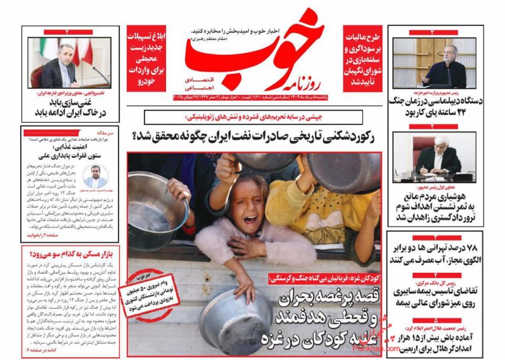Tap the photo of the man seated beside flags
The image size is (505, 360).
69,63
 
